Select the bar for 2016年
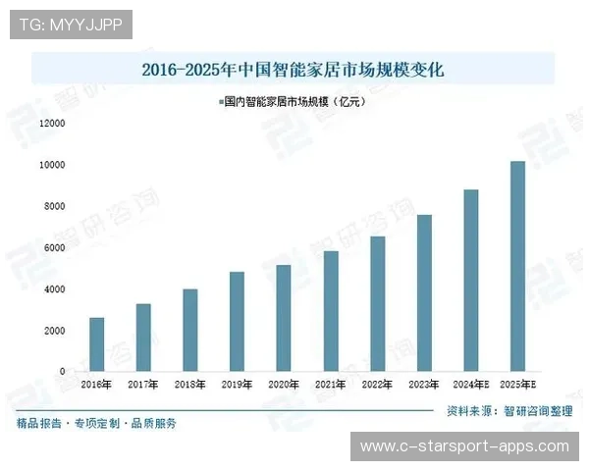(96, 344)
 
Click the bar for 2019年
(237, 322)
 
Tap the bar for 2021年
(331, 311)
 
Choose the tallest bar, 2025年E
(517, 266)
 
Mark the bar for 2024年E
(471, 281)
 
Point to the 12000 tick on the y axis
(52, 124)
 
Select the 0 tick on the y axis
(62, 372)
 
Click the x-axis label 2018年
(189, 385)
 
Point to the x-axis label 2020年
(283, 385)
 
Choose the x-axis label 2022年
(377, 385)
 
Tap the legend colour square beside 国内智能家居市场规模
(220, 101)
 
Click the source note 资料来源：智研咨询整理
(509, 412)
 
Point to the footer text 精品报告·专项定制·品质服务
(96, 424)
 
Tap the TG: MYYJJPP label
(70, 25)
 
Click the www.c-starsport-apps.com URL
(464, 446)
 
